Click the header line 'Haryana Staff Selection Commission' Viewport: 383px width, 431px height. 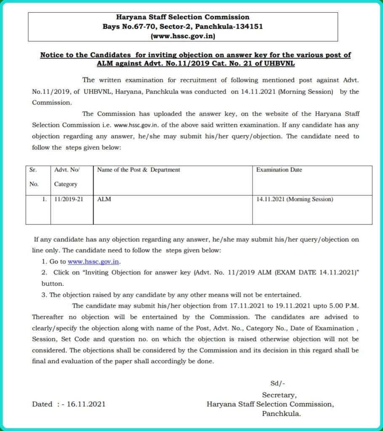click(x=182, y=17)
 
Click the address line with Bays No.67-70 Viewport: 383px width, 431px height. click(x=183, y=27)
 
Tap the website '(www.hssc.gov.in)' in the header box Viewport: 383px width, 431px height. click(x=183, y=37)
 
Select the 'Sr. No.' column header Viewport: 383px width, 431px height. click(x=34, y=177)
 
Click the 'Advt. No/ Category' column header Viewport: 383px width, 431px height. click(x=66, y=177)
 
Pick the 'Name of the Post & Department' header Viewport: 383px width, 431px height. click(x=138, y=170)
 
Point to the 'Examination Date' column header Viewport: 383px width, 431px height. click(x=279, y=170)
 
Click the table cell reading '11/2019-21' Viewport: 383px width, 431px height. click(x=69, y=200)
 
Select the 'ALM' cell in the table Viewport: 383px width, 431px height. click(x=104, y=200)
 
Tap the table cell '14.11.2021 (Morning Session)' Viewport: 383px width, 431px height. click(x=294, y=200)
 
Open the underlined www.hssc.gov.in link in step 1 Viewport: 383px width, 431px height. click(x=94, y=262)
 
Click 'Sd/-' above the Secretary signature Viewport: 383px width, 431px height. click(x=278, y=383)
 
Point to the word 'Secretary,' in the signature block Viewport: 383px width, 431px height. click(x=279, y=395)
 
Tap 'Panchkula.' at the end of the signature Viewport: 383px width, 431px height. click(x=281, y=414)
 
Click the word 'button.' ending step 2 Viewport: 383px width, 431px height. click(x=53, y=284)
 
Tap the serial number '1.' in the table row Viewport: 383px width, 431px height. click(x=44, y=200)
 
